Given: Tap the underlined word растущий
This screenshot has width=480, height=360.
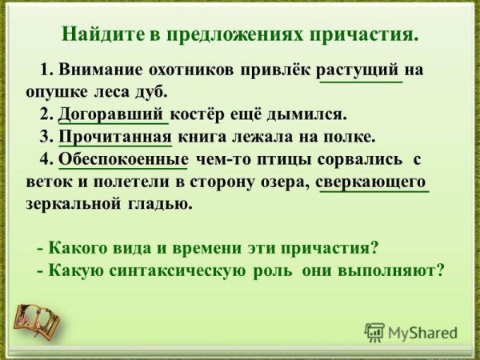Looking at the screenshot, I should tap(361, 70).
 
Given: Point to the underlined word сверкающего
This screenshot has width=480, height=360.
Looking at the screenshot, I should tap(373, 181).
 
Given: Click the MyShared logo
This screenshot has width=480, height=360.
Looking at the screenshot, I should tap(411, 332).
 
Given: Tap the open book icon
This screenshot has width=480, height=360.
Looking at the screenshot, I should tap(38, 320).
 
